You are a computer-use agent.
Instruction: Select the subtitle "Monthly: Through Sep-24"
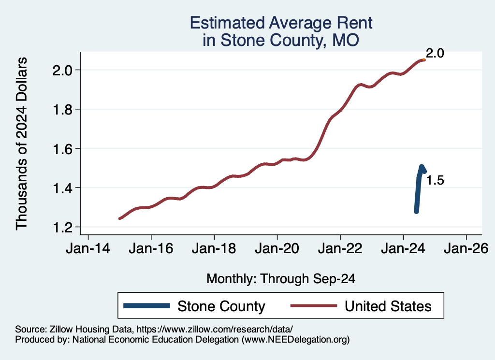[x=281, y=279]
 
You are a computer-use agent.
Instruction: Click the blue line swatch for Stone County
[x=147, y=306]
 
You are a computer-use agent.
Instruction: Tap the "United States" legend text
[x=388, y=306]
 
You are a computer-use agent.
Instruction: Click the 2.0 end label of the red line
[x=435, y=54]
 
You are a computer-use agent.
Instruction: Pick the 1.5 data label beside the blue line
[x=435, y=181]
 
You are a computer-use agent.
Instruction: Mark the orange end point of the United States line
[x=423, y=59]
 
